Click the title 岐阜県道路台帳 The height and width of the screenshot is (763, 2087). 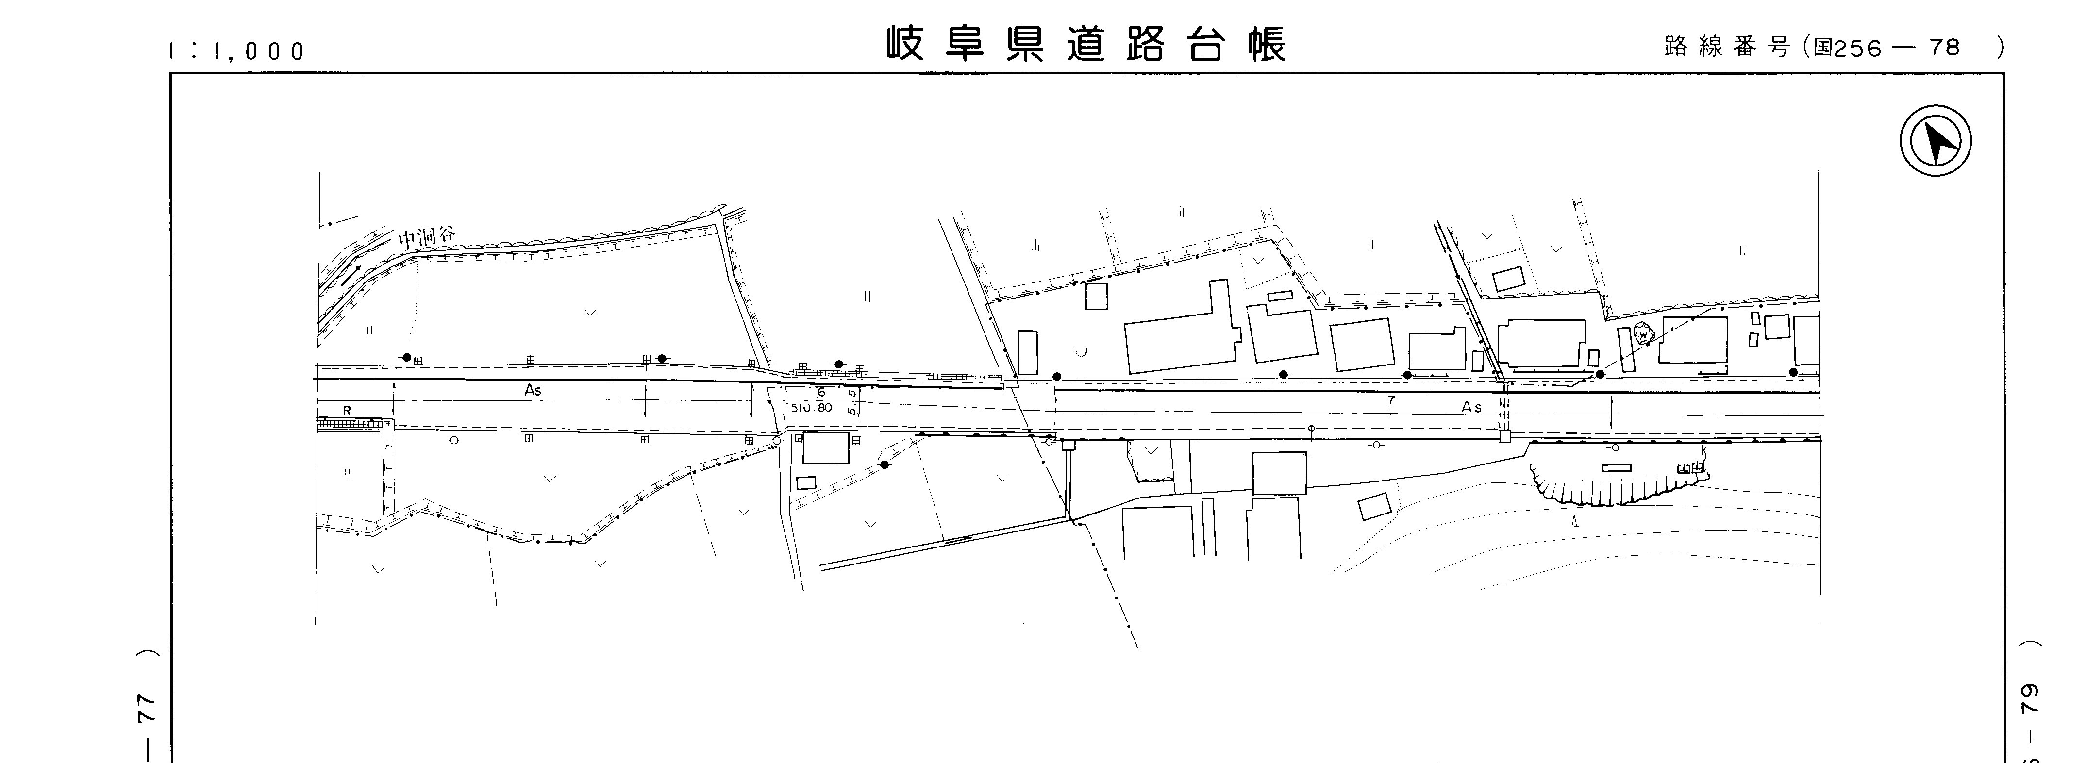pyautogui.click(x=1085, y=45)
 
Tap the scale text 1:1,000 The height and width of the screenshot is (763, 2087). pyautogui.click(x=236, y=51)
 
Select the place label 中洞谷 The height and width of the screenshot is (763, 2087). pyautogui.click(x=427, y=236)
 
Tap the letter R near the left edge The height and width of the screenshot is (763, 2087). pyautogui.click(x=347, y=411)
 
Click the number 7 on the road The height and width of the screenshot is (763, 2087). pyautogui.click(x=1391, y=400)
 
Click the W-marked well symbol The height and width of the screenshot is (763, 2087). pyautogui.click(x=1643, y=334)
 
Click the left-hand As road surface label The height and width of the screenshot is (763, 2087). pyautogui.click(x=532, y=390)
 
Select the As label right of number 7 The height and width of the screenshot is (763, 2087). pyautogui.click(x=1472, y=407)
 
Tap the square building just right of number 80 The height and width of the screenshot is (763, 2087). pyautogui.click(x=826, y=448)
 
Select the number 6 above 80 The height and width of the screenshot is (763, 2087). pyautogui.click(x=821, y=392)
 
